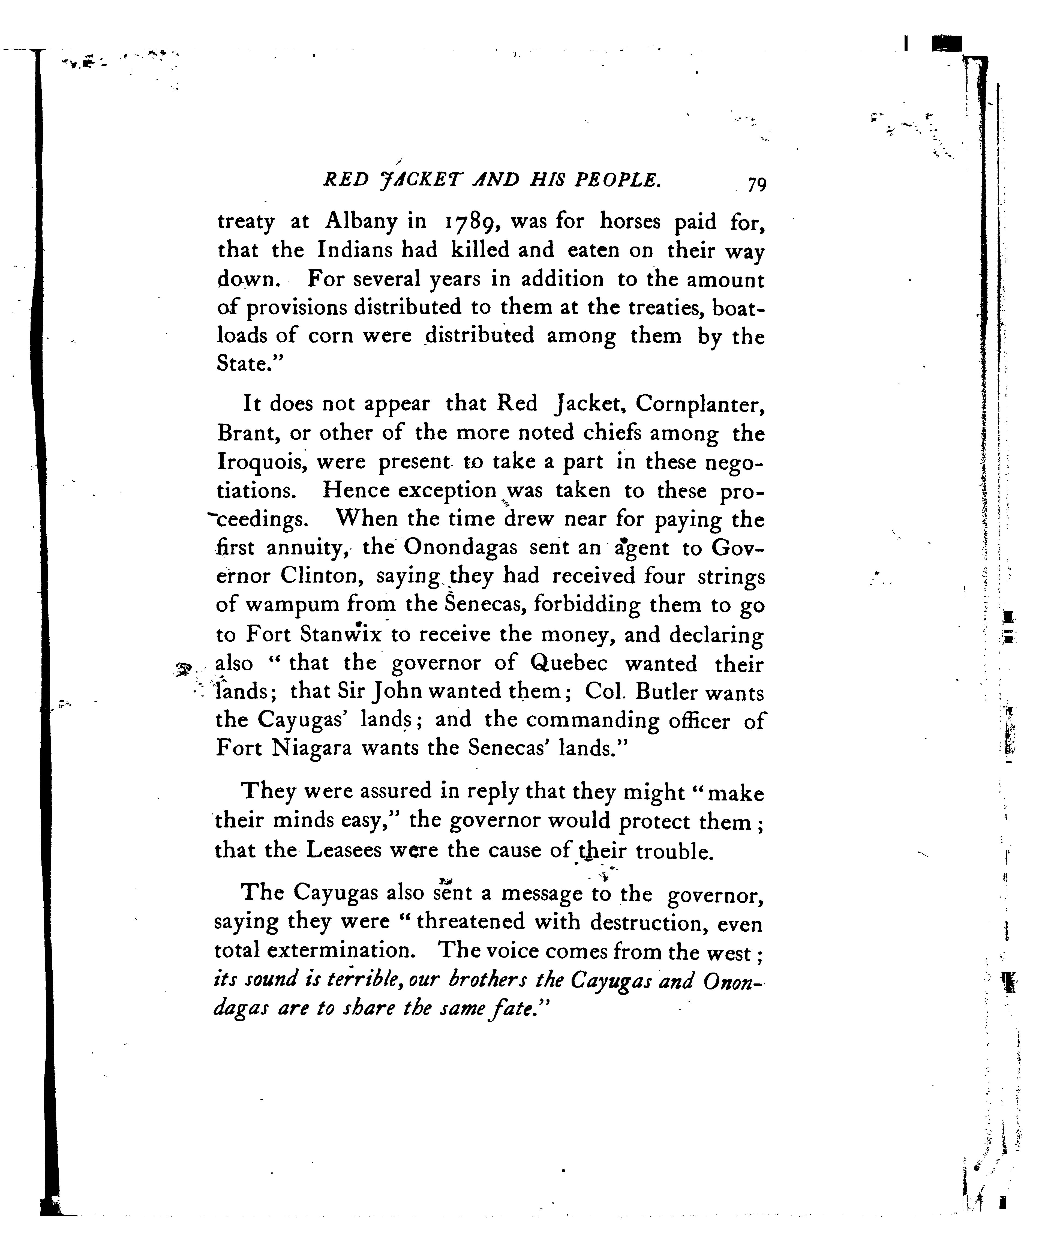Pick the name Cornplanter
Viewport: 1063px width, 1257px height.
tap(700, 404)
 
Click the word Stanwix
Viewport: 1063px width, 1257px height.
tap(342, 635)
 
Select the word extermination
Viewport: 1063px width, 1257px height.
tap(341, 951)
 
